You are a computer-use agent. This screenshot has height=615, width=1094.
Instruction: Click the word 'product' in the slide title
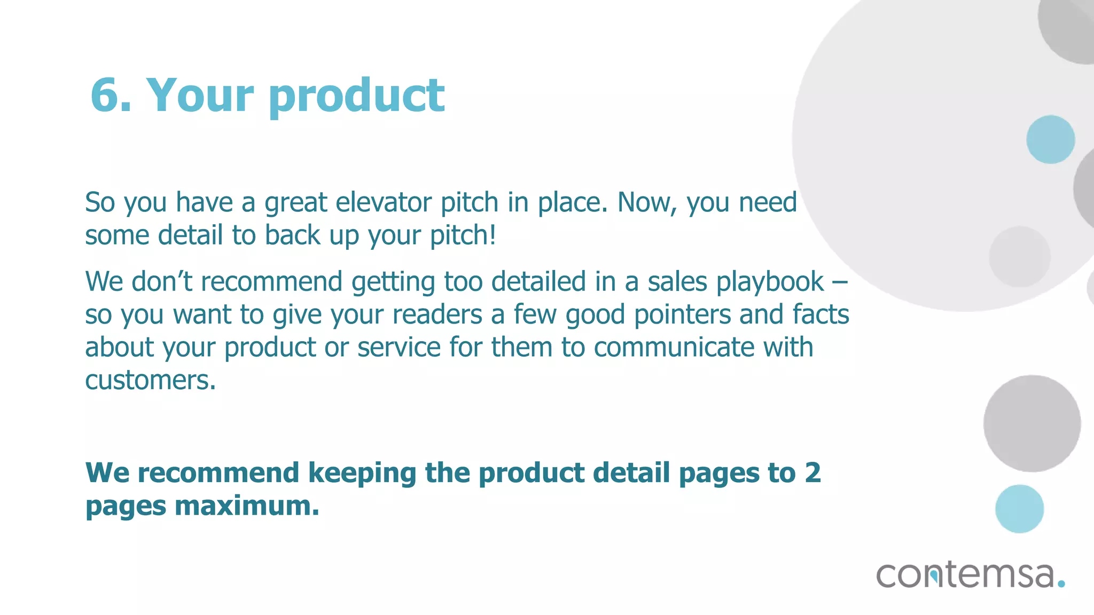356,97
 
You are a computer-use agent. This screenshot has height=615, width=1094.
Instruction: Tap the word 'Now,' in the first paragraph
646,203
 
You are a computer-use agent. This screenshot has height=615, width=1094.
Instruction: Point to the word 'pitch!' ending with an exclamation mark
463,235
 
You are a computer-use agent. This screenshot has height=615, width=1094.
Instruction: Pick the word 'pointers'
682,314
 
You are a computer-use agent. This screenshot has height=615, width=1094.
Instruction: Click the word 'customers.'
151,381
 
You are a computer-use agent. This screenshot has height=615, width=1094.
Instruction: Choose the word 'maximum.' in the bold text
247,506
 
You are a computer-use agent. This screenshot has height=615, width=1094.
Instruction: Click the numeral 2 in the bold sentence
812,473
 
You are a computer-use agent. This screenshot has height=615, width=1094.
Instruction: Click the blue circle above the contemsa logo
1019,509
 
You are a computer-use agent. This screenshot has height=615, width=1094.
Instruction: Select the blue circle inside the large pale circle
1050,139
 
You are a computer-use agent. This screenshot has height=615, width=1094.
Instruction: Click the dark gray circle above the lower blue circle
1032,423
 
